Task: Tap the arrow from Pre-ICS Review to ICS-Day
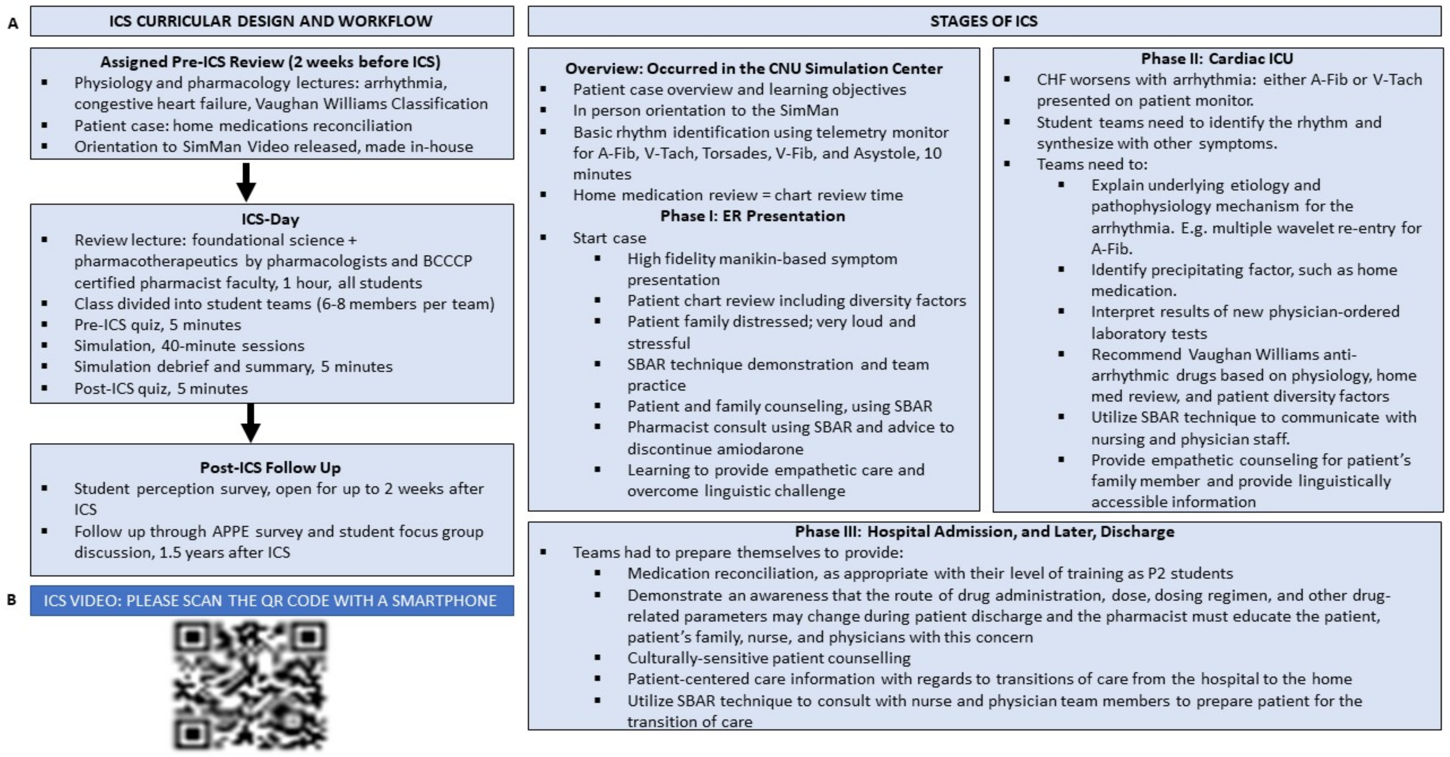[x=246, y=182]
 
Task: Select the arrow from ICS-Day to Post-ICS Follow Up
[x=250, y=422]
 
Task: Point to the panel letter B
[x=12, y=600]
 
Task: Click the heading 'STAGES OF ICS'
[x=983, y=21]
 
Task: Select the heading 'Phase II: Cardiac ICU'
[x=1217, y=59]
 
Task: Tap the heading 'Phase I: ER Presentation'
[x=752, y=216]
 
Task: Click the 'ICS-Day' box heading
[x=270, y=219]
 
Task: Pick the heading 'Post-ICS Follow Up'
[x=270, y=467]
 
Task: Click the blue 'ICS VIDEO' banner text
[x=270, y=601]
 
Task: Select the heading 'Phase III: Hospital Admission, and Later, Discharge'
[x=985, y=532]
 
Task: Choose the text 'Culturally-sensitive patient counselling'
[x=768, y=658]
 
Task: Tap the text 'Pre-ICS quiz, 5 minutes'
[x=158, y=325]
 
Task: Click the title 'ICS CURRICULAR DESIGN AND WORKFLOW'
[x=270, y=21]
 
